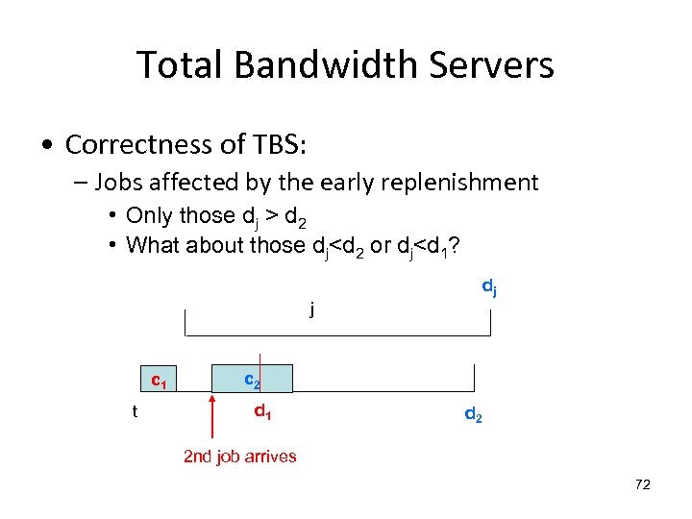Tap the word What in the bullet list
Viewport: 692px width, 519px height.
point(154,245)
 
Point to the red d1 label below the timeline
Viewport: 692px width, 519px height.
point(262,412)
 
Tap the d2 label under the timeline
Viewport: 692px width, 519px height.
point(473,415)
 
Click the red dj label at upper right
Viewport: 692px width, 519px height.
point(488,287)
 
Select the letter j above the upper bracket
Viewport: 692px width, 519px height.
point(311,310)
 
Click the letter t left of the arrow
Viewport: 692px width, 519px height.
point(135,412)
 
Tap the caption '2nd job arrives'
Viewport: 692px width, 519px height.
point(240,457)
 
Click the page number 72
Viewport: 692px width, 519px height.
point(643,484)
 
